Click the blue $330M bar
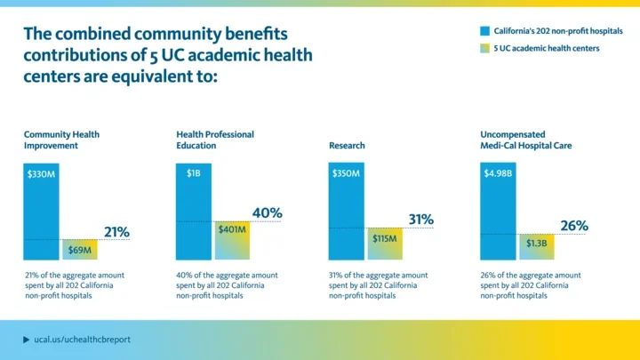[x=41, y=212]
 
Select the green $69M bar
[x=78, y=250]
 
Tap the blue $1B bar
[x=194, y=212]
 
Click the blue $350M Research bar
[x=347, y=212]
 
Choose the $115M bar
[x=384, y=244]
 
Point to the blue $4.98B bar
[x=498, y=212]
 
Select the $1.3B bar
[x=536, y=246]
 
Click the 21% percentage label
[x=116, y=232]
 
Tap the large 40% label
[x=267, y=213]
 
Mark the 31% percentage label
[x=420, y=220]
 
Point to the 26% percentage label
[x=573, y=226]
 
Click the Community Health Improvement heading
[x=61, y=140]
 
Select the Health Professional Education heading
[x=214, y=140]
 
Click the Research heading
[x=347, y=145]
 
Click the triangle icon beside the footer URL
[x=26, y=340]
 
